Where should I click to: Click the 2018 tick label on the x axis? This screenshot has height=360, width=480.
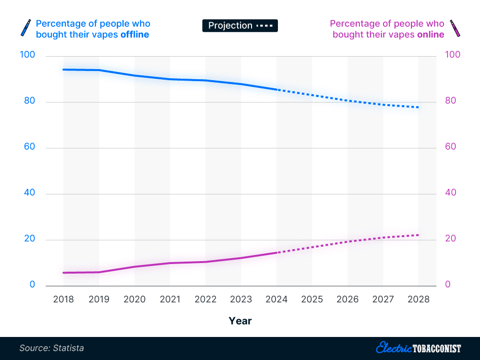(x=63, y=300)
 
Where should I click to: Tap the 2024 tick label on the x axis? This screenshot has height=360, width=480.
(x=276, y=300)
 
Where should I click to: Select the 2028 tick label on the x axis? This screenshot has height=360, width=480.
(x=419, y=300)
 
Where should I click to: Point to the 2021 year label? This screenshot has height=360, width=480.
(x=170, y=300)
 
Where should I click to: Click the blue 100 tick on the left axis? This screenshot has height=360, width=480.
(x=28, y=55)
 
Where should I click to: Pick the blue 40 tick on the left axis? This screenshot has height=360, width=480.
(x=30, y=193)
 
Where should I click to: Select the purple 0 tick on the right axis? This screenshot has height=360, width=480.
(x=447, y=285)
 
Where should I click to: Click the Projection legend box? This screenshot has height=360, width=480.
(x=240, y=26)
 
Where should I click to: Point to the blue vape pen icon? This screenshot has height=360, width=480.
(x=24, y=28)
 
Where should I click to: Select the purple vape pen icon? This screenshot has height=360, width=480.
(x=454, y=28)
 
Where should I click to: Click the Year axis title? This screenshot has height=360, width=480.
(x=240, y=321)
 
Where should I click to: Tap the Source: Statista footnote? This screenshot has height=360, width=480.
(x=52, y=348)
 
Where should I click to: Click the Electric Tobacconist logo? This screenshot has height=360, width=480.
(x=419, y=348)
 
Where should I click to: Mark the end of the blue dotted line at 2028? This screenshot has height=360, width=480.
(x=419, y=107)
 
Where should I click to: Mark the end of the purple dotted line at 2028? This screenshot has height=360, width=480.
(x=419, y=235)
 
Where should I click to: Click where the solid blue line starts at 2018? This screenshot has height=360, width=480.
(x=63, y=70)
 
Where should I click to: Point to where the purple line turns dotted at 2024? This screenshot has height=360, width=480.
(x=277, y=252)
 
